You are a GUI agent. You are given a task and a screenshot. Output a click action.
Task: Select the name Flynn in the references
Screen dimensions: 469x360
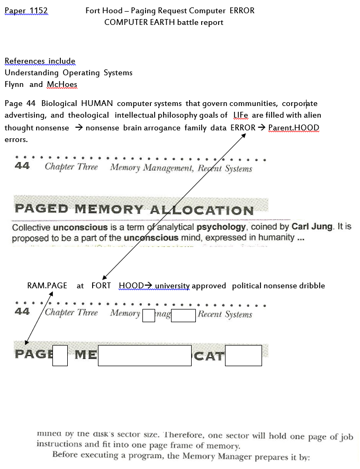(14, 84)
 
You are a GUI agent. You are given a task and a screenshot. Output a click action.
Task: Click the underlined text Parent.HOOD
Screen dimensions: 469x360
(294, 128)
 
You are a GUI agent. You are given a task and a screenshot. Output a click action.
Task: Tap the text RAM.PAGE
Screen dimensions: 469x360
(47, 286)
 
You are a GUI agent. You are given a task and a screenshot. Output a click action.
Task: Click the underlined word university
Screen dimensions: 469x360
(172, 286)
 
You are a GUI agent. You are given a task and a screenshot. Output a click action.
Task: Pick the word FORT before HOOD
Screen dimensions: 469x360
(101, 286)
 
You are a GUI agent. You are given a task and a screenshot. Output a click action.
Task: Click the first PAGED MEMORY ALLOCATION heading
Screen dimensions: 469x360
(141, 208)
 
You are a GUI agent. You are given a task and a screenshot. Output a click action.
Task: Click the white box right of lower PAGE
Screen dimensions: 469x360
(60, 355)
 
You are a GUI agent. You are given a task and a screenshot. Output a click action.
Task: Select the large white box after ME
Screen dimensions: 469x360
(145, 355)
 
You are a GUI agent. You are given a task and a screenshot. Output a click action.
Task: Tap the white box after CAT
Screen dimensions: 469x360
(243, 355)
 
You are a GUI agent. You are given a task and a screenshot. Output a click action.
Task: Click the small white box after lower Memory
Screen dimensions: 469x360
(149, 316)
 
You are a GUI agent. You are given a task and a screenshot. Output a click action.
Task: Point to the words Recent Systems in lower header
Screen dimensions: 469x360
(225, 314)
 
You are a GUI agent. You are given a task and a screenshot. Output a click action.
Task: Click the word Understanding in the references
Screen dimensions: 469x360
(31, 73)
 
